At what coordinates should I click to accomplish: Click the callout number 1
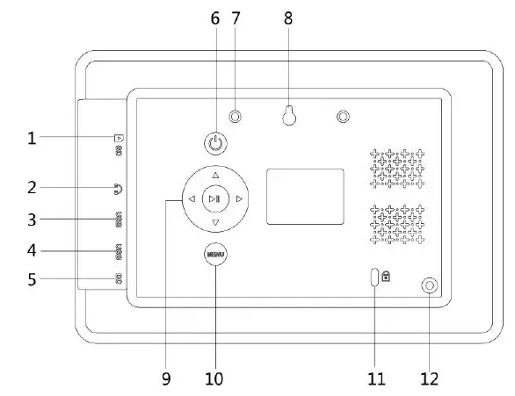(x=33, y=138)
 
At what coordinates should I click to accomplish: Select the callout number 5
(x=33, y=282)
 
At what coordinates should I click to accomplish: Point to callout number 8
(x=289, y=17)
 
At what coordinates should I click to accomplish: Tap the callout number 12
(x=429, y=379)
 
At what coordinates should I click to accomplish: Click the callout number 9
(x=166, y=379)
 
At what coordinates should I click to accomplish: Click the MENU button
(x=214, y=255)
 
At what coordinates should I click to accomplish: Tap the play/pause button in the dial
(x=215, y=199)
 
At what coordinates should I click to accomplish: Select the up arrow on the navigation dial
(x=215, y=174)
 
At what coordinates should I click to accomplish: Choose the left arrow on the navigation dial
(x=191, y=200)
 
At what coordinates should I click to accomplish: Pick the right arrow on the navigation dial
(x=239, y=200)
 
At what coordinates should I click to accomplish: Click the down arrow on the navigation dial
(x=215, y=224)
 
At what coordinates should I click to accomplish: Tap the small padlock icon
(x=387, y=277)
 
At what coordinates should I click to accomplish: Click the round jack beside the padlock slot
(x=429, y=285)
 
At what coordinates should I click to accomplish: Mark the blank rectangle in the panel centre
(x=305, y=195)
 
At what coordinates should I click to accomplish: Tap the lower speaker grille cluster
(x=396, y=225)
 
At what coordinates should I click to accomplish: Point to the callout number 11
(x=376, y=379)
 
